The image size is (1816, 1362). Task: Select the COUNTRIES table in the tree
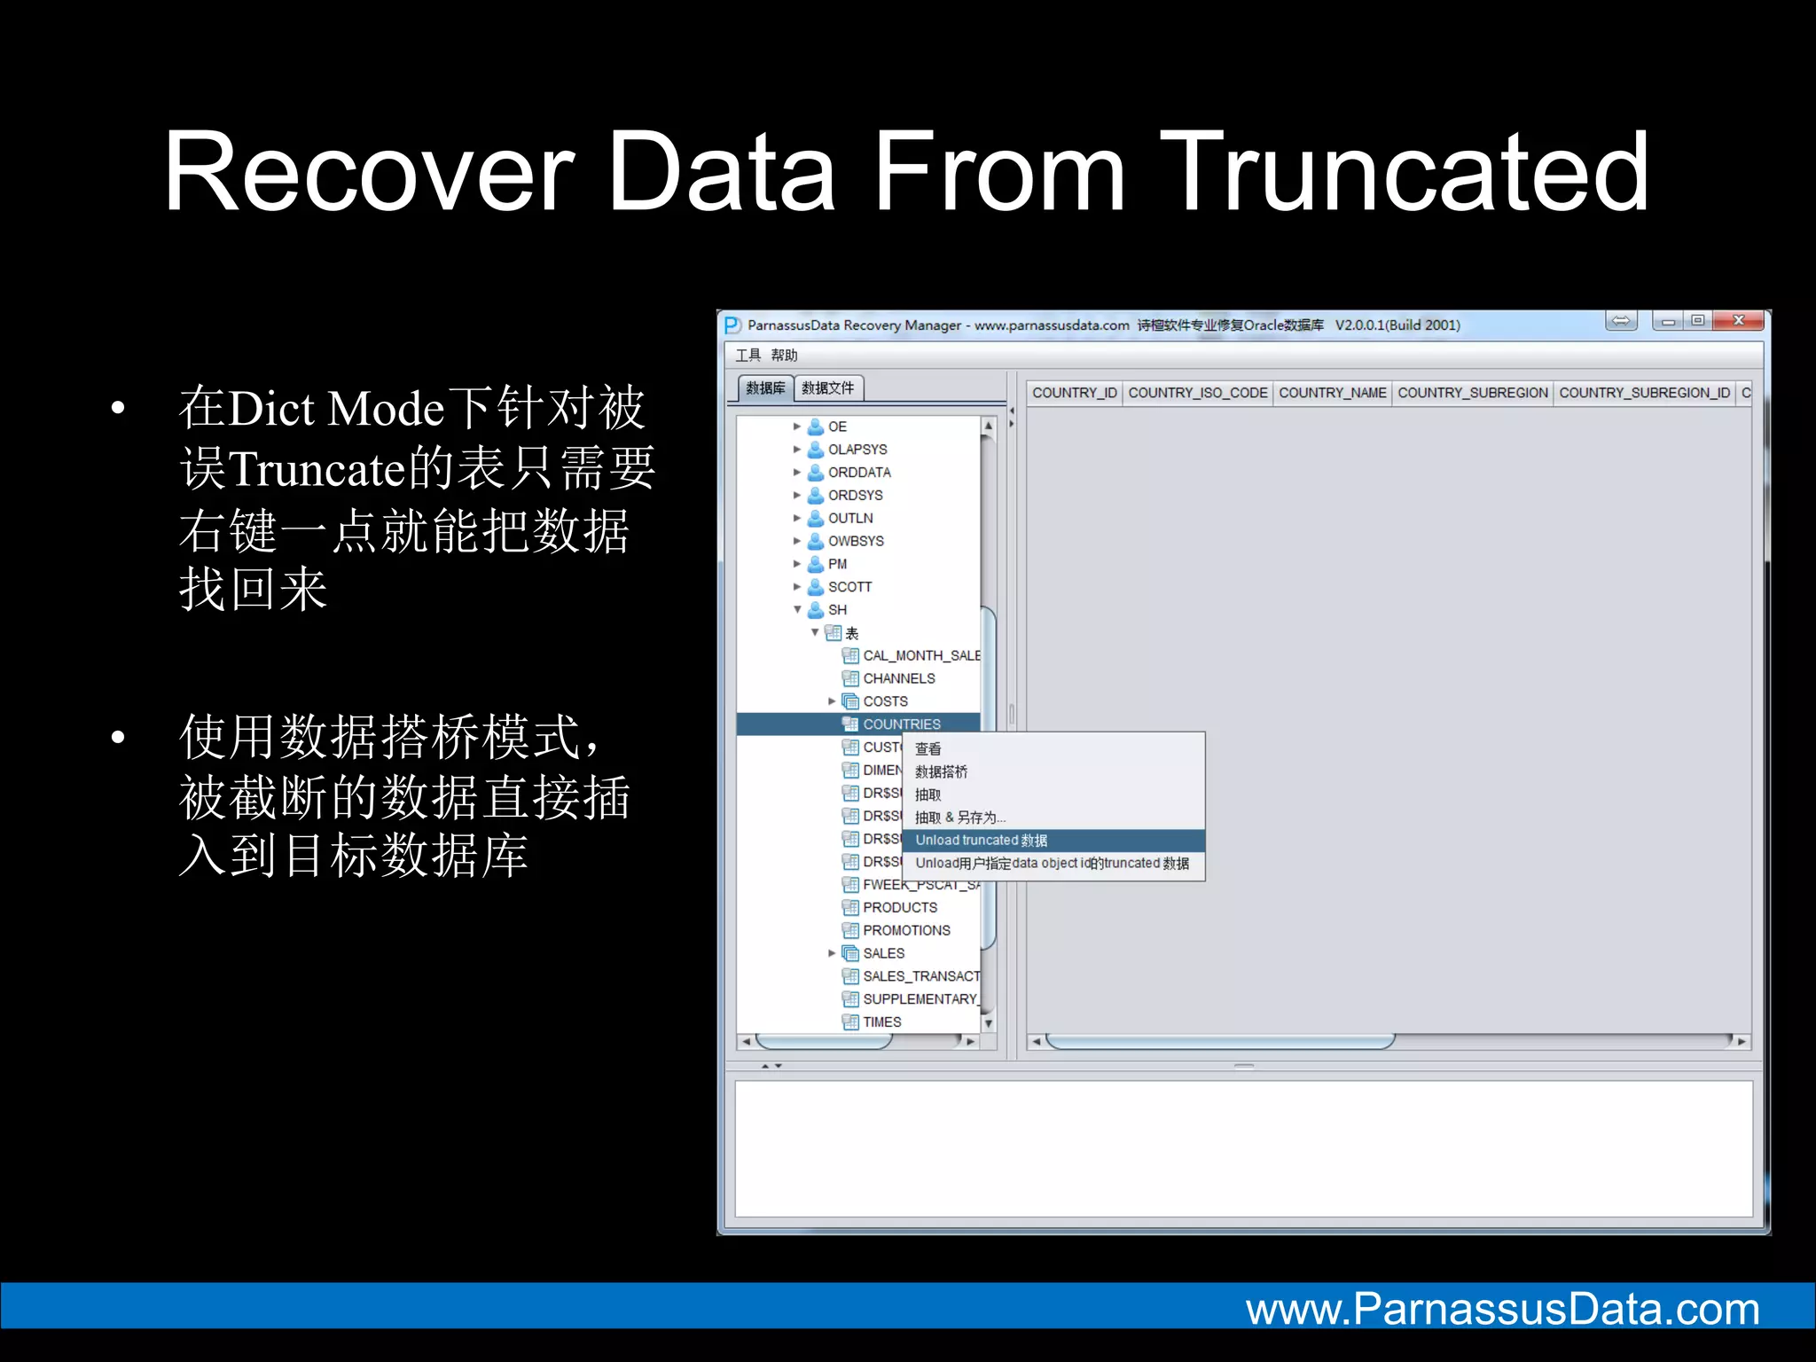point(901,724)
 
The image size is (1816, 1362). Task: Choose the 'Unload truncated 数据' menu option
point(981,841)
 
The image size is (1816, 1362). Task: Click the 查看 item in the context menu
point(928,749)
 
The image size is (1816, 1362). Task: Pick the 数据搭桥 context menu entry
point(941,772)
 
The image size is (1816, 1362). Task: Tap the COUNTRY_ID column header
point(1074,393)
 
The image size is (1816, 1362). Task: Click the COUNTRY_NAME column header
point(1332,393)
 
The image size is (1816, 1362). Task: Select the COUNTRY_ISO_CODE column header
point(1197,393)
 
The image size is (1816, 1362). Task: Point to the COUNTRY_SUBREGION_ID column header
point(1644,393)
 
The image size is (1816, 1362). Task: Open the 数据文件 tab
point(827,388)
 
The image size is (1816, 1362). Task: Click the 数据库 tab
point(765,388)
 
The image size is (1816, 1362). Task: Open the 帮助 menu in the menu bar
point(784,356)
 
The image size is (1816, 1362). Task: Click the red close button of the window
point(1738,321)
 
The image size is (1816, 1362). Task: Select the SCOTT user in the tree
point(849,587)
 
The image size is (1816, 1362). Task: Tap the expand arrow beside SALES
point(832,953)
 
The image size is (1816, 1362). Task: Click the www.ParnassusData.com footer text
point(1502,1310)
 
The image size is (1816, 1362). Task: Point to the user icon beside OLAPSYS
point(816,450)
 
